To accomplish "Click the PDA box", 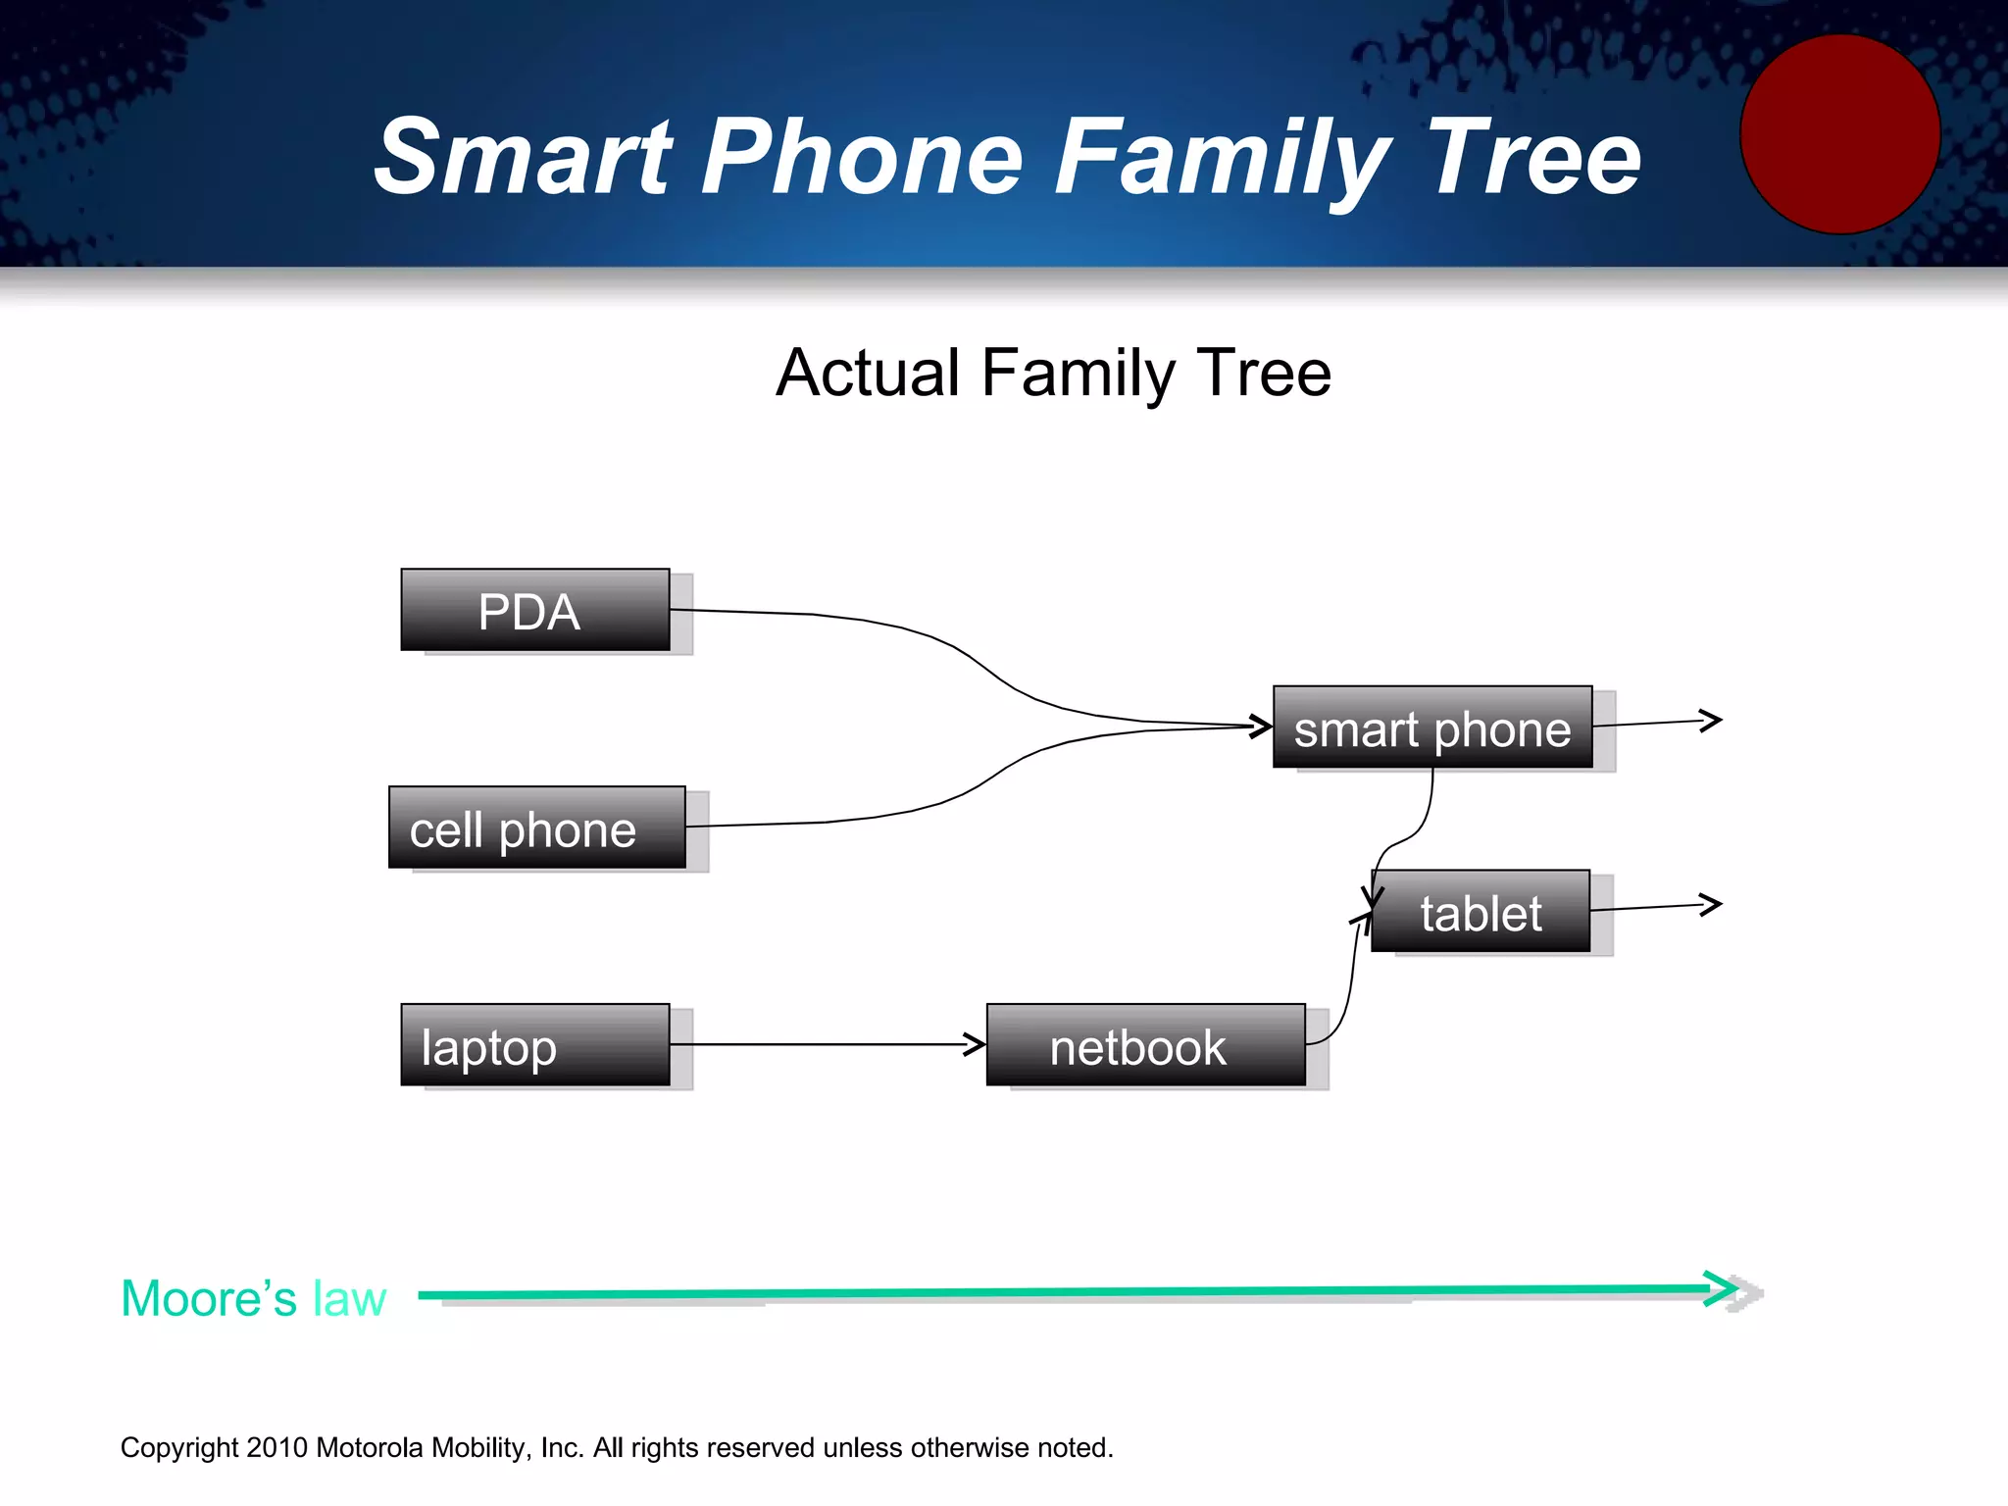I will [535, 610].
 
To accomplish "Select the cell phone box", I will [536, 828].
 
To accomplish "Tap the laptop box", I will [535, 1044].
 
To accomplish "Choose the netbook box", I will [1145, 1044].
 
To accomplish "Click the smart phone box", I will [1431, 727].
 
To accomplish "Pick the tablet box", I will [1480, 911].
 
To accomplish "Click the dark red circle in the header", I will [1839, 134].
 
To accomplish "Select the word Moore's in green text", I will [208, 1298].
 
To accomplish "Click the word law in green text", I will [349, 1298].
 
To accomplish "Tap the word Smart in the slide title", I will [525, 157].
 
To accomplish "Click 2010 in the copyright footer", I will [277, 1447].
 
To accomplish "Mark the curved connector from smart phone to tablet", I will [1412, 833].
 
